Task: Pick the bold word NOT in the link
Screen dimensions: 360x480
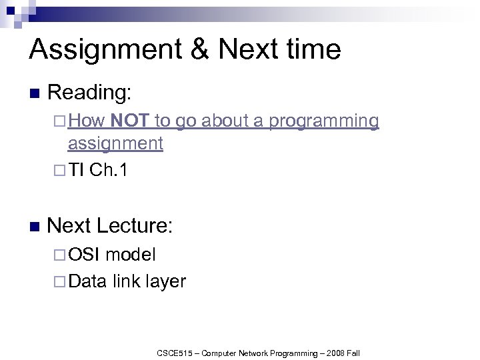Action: point(130,121)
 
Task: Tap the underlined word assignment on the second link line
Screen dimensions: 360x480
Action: point(115,143)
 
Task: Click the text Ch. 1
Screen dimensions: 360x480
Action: point(108,171)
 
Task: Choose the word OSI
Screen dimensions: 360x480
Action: point(85,254)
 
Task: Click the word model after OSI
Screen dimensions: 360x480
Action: point(131,254)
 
